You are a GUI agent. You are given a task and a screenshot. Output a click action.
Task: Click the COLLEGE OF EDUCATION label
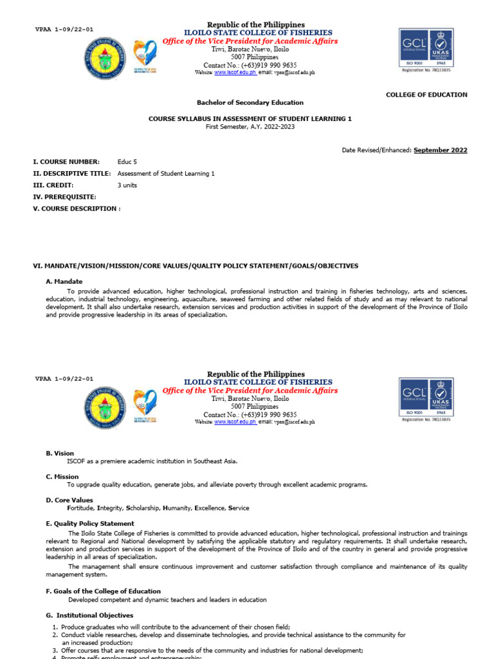click(x=426, y=95)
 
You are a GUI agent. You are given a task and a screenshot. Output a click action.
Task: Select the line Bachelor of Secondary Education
click(x=250, y=102)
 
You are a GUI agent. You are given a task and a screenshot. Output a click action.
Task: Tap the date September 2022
click(x=440, y=151)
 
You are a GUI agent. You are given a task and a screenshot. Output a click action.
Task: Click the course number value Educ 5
click(x=127, y=162)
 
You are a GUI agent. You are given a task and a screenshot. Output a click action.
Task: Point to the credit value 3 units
click(x=127, y=185)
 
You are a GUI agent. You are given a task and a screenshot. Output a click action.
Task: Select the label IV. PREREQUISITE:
click(x=64, y=197)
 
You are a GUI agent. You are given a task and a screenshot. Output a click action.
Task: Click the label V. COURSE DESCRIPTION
click(x=75, y=209)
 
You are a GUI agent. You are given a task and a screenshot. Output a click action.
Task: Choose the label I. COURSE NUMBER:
click(x=66, y=162)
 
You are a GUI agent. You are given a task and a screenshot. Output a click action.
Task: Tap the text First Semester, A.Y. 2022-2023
click(x=250, y=127)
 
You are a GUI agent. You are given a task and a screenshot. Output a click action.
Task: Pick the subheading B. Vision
click(x=60, y=454)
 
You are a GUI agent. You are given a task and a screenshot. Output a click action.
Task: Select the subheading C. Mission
click(x=62, y=477)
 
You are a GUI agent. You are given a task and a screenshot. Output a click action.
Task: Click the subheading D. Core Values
click(x=69, y=500)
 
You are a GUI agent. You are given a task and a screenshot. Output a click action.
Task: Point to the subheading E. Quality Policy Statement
click(x=90, y=524)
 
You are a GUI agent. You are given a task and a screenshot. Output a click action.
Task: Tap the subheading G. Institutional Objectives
click(x=89, y=616)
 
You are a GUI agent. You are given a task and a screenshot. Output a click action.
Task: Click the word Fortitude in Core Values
click(x=81, y=508)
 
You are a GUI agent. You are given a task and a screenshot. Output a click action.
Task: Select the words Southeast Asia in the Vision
click(x=217, y=461)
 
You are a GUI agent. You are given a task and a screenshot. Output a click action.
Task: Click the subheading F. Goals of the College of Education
click(x=103, y=591)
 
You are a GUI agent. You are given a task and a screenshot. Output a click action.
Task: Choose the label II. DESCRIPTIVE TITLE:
click(x=71, y=174)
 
